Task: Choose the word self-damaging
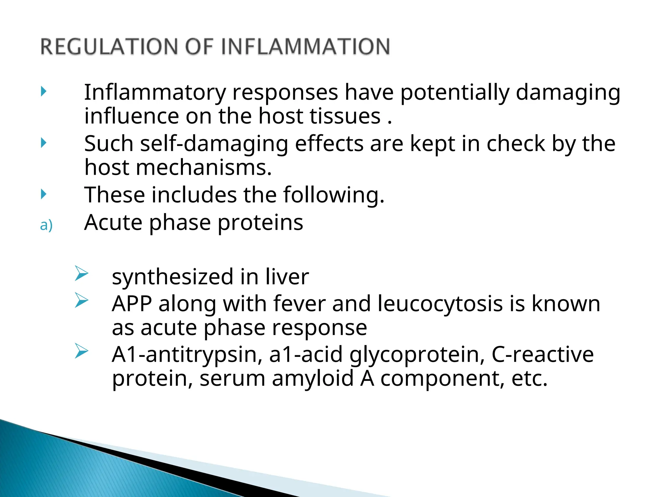click(214, 144)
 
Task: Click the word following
click(333, 195)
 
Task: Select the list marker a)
click(46, 225)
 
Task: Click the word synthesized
click(173, 277)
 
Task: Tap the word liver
click(287, 277)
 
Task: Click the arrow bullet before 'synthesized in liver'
click(81, 273)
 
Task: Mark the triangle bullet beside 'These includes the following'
click(44, 194)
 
